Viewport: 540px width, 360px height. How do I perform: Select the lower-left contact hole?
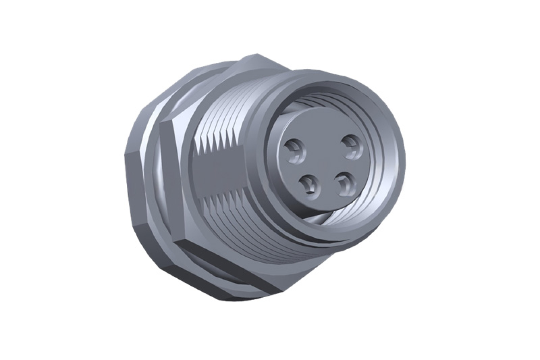pyautogui.click(x=308, y=185)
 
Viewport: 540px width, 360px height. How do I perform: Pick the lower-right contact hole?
pyautogui.click(x=345, y=183)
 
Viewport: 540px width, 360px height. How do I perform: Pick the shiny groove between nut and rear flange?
pyautogui.click(x=152, y=185)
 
